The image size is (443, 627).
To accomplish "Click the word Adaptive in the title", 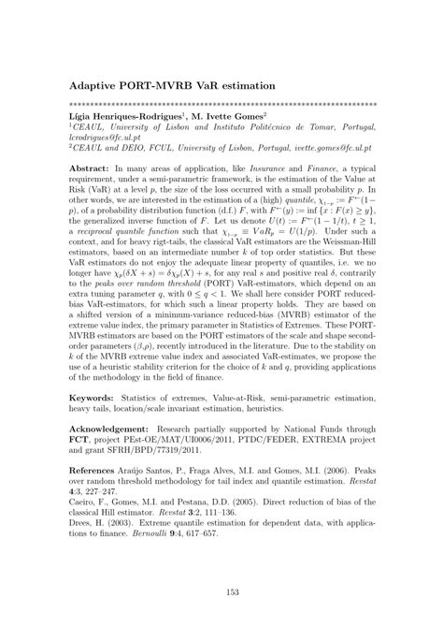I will [x=97, y=84].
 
